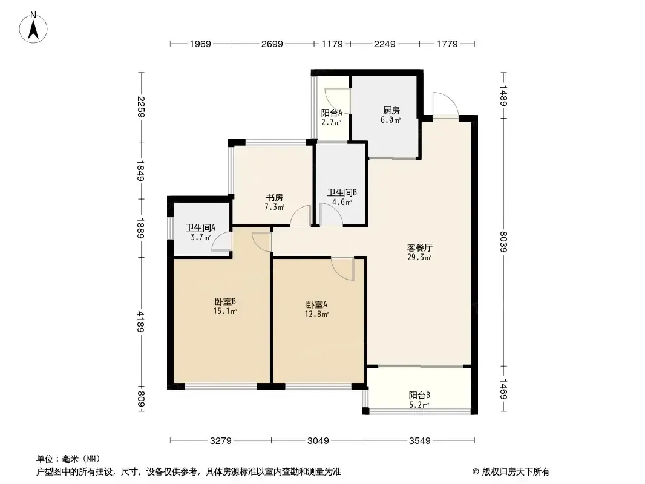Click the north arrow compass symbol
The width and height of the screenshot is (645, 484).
[33, 28]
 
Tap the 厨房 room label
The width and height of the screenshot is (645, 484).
[391, 110]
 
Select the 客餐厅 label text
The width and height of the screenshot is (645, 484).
[419, 248]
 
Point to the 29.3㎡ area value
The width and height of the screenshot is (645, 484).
[419, 258]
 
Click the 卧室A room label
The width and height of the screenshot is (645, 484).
[316, 305]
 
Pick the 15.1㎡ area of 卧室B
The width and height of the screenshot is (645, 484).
[225, 312]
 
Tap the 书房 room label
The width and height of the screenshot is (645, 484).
[274, 198]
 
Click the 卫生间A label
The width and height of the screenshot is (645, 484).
[201, 227]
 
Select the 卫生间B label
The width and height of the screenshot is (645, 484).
[342, 192]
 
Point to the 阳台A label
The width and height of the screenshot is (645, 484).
[332, 113]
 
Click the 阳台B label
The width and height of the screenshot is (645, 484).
[419, 395]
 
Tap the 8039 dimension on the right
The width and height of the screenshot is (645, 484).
[503, 242]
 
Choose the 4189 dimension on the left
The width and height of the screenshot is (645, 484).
[141, 322]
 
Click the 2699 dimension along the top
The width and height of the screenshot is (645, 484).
[272, 44]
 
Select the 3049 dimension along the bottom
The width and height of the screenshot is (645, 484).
[318, 441]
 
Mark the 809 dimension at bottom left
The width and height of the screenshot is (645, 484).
[141, 399]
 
